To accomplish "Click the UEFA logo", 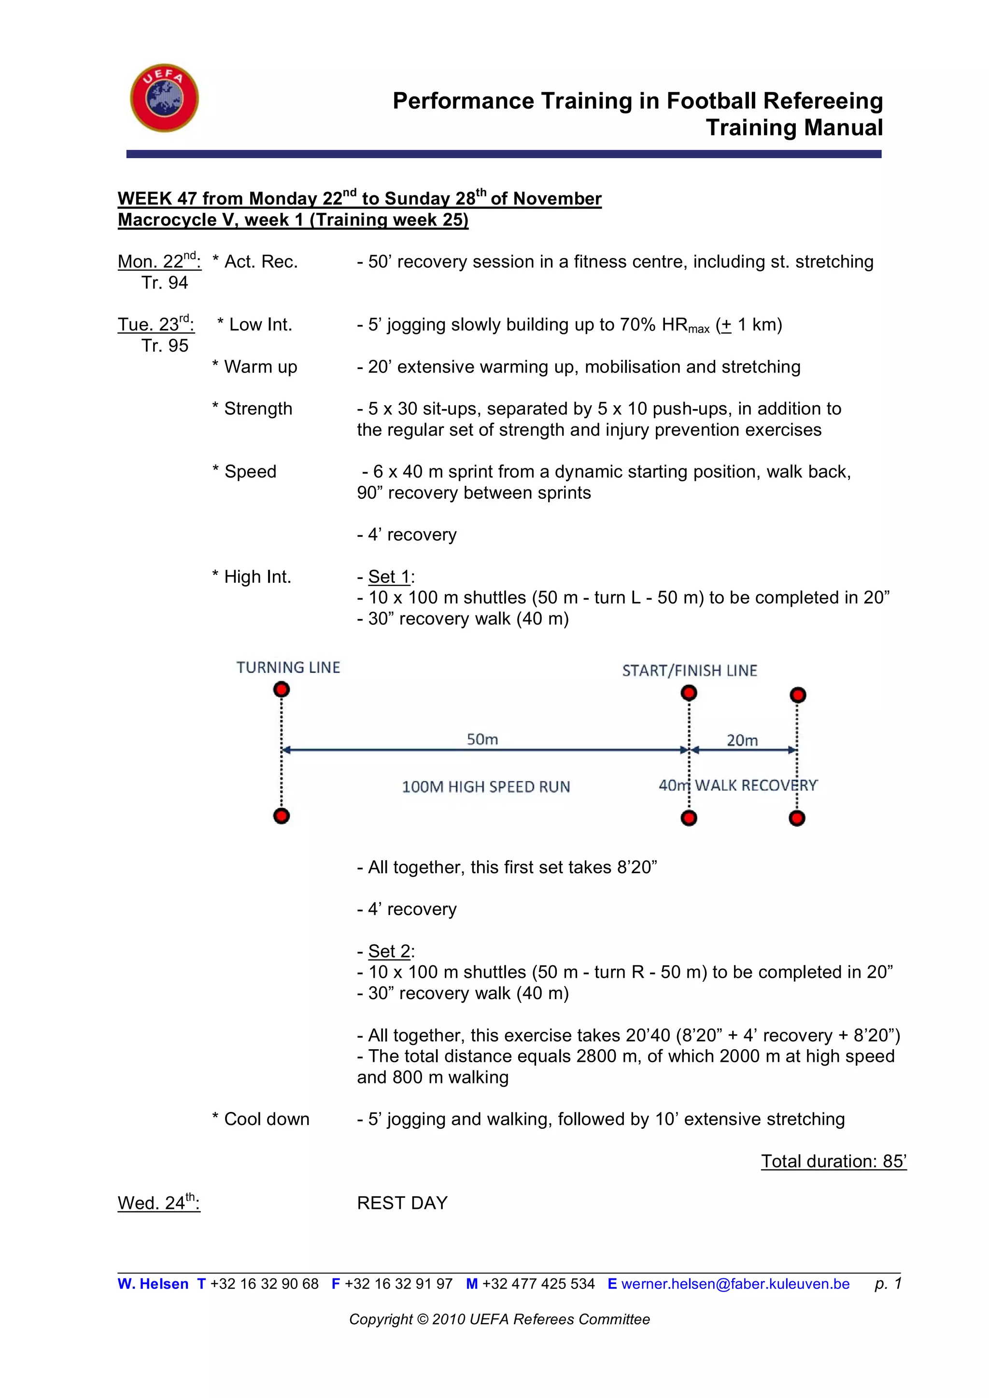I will click(164, 98).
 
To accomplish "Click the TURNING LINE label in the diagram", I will click(288, 667).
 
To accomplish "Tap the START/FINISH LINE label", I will click(689, 671).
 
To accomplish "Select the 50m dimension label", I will click(482, 739).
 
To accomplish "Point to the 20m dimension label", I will click(742, 740).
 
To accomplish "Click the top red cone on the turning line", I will click(281, 689).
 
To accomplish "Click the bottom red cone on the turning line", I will click(281, 816).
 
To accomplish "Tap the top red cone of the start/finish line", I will click(689, 693).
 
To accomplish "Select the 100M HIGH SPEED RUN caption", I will click(486, 787).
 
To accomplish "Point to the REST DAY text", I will click(402, 1203).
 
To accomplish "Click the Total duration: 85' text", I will click(833, 1161).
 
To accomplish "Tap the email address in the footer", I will click(735, 1284).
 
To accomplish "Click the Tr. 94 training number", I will click(165, 283).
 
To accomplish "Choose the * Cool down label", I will click(261, 1119).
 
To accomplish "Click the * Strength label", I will click(252, 409).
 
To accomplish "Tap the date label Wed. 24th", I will click(158, 1203).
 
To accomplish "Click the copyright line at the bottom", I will click(499, 1319).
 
